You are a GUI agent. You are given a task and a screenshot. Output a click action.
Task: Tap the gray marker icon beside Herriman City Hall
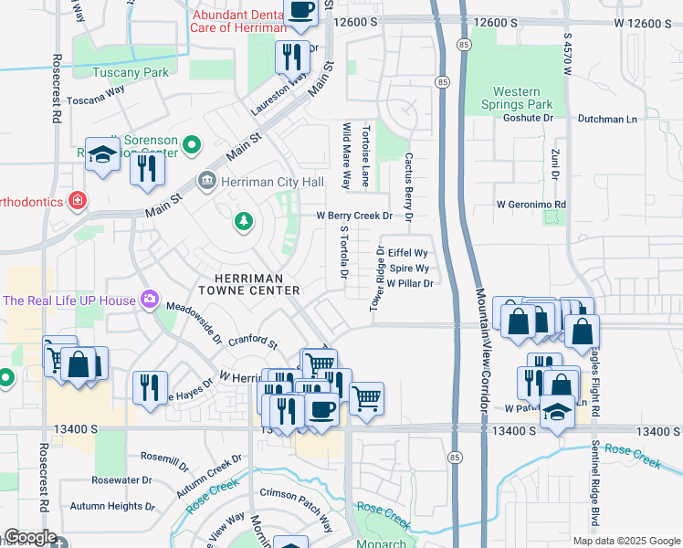(x=208, y=181)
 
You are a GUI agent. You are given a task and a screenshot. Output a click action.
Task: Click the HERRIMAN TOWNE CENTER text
(x=257, y=284)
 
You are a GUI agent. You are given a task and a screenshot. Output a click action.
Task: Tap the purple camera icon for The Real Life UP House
(x=147, y=300)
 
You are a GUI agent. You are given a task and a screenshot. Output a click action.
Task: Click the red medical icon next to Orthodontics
(x=79, y=200)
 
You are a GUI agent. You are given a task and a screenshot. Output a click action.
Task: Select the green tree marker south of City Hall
(x=243, y=220)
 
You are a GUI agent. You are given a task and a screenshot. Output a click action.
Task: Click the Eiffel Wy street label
(x=408, y=252)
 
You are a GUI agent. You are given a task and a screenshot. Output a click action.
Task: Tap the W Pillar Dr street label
(x=408, y=284)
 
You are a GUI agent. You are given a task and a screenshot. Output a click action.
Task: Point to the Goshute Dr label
(x=529, y=118)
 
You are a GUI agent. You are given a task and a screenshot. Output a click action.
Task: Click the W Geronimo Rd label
(x=531, y=205)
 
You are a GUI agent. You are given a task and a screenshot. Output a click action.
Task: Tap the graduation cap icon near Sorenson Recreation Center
(x=102, y=153)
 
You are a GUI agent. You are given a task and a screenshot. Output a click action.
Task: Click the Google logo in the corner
(x=29, y=537)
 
